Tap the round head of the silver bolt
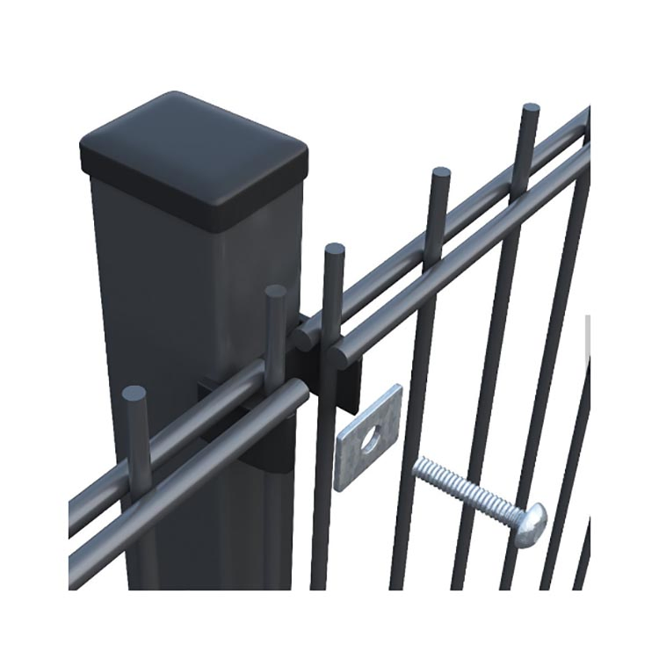click(x=530, y=524)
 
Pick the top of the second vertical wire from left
click(x=275, y=292)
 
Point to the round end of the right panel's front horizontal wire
click(x=339, y=356)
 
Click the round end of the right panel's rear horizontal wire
click(x=304, y=335)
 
